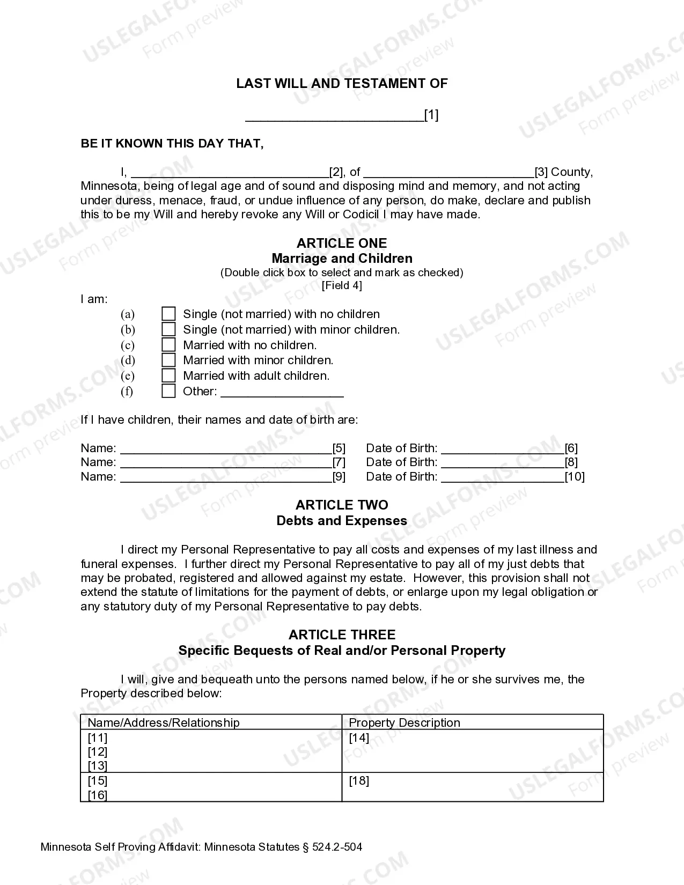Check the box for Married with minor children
[168, 360]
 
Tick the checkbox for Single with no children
[168, 314]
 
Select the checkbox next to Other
[168, 391]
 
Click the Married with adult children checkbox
[168, 375]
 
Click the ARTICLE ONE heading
[342, 243]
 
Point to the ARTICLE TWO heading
[342, 505]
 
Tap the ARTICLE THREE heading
[342, 635]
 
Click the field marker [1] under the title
[431, 115]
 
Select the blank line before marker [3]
[448, 173]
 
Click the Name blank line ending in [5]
[226, 449]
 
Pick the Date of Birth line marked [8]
[503, 463]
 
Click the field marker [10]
[575, 476]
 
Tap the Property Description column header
[404, 722]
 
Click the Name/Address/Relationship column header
[164, 722]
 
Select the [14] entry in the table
[359, 737]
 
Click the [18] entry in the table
[359, 780]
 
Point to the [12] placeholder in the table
[98, 752]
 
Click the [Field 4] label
[342, 285]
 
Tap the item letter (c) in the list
[128, 345]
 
